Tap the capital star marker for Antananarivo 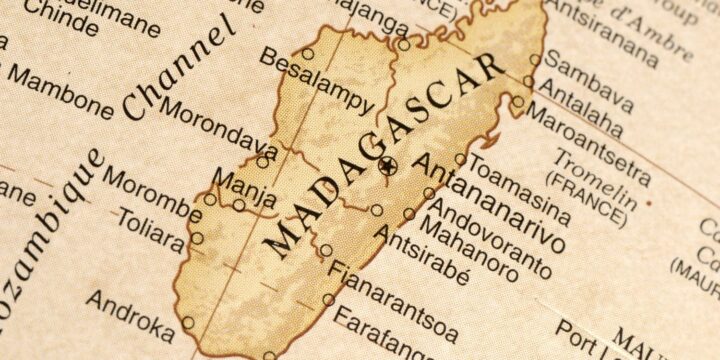tap(389, 165)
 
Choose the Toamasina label tap(519, 186)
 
